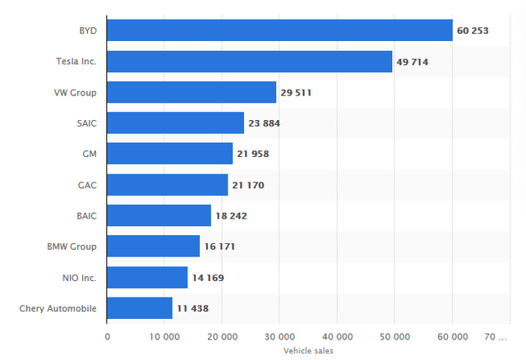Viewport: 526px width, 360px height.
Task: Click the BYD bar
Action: tap(279, 30)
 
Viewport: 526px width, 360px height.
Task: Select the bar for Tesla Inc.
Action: tap(250, 62)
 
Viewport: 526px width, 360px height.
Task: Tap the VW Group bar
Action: tap(191, 92)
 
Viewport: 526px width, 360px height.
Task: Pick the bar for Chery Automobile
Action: tap(140, 308)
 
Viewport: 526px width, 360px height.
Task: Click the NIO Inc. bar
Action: tap(147, 278)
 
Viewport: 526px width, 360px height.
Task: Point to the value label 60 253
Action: tap(473, 30)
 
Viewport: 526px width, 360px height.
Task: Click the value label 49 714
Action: tap(413, 62)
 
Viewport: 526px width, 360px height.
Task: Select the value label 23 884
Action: tap(264, 123)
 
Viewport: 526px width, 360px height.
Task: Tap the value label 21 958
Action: tap(253, 154)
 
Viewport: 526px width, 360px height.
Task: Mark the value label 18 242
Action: tap(231, 215)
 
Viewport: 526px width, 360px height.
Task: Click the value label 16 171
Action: tap(219, 247)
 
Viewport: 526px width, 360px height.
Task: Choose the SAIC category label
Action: tap(86, 123)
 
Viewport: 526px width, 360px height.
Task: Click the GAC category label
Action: tap(87, 185)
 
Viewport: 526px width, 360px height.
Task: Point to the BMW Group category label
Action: tap(72, 247)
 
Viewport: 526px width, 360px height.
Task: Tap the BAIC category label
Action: tap(86, 215)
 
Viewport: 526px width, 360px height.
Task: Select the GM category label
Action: tap(90, 154)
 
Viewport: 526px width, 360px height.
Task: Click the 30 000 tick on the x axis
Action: tap(279, 336)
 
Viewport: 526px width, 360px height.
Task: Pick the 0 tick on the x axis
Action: tap(108, 336)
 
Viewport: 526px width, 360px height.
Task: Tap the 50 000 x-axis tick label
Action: tap(394, 336)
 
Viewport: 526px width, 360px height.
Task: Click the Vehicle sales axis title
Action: tap(308, 351)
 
